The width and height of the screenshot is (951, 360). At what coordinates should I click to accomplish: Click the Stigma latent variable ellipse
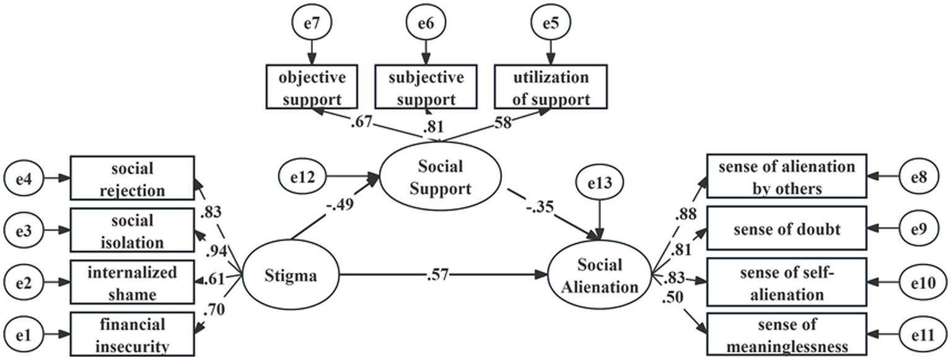click(290, 276)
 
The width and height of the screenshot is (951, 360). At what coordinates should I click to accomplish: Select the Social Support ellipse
click(440, 177)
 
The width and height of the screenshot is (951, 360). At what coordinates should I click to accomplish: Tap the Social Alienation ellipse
click(599, 276)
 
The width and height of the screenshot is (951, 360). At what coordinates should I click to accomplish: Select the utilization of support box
click(550, 87)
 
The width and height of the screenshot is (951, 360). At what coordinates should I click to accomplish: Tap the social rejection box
click(133, 178)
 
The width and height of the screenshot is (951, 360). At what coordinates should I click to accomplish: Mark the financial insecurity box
click(133, 335)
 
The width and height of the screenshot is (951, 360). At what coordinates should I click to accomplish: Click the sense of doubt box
click(786, 230)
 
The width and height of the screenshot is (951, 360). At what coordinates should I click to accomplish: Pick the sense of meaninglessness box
click(786, 335)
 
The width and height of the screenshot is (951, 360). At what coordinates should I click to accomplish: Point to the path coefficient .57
click(437, 274)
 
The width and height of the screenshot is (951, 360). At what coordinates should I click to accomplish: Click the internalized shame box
click(133, 282)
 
